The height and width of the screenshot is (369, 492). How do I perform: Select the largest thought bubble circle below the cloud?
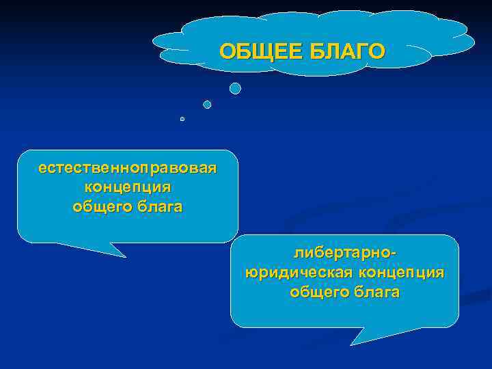[x=235, y=88]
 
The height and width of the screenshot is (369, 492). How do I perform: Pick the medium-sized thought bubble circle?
[x=207, y=105]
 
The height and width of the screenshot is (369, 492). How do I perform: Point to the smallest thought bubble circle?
[x=182, y=119]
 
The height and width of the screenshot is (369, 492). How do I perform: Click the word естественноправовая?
[x=128, y=167]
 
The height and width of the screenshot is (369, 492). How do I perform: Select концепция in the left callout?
[x=128, y=187]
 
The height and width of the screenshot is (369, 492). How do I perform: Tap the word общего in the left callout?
[x=100, y=206]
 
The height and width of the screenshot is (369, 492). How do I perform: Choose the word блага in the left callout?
[x=157, y=206]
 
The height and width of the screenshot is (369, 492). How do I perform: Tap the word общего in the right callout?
[x=318, y=292]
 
